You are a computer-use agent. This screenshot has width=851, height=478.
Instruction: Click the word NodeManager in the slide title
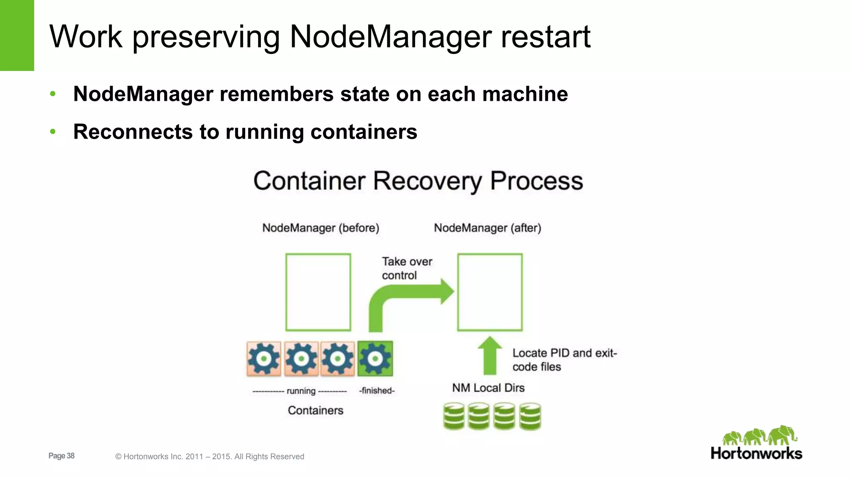[x=390, y=37]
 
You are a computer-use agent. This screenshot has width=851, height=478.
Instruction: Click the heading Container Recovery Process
[x=418, y=181]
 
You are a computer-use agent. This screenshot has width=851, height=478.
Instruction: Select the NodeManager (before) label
[x=320, y=228]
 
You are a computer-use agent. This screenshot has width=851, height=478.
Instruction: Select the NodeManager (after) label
[x=487, y=228]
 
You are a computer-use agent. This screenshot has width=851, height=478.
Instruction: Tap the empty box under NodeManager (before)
[x=318, y=292]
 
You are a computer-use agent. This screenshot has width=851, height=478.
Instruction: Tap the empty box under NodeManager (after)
[x=490, y=292]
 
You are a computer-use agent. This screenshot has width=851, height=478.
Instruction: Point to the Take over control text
[x=406, y=268]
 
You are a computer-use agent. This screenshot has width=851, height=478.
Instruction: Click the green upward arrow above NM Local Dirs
[x=490, y=356]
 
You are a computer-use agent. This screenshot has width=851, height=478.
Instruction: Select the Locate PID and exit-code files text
[x=564, y=359]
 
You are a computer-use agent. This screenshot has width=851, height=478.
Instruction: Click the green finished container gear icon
[x=375, y=358]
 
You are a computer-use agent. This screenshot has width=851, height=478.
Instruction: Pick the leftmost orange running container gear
[x=264, y=358]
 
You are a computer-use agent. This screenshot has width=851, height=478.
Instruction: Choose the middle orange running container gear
[x=301, y=358]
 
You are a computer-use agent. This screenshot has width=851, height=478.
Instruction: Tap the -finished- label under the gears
[x=376, y=390]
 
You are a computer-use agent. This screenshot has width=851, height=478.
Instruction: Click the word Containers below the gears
[x=315, y=410]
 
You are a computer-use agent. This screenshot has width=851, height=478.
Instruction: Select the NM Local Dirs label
[x=488, y=388]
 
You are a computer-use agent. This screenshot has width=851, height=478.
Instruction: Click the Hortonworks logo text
[x=756, y=453]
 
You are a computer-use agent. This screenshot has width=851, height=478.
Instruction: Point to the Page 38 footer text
[x=61, y=456]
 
